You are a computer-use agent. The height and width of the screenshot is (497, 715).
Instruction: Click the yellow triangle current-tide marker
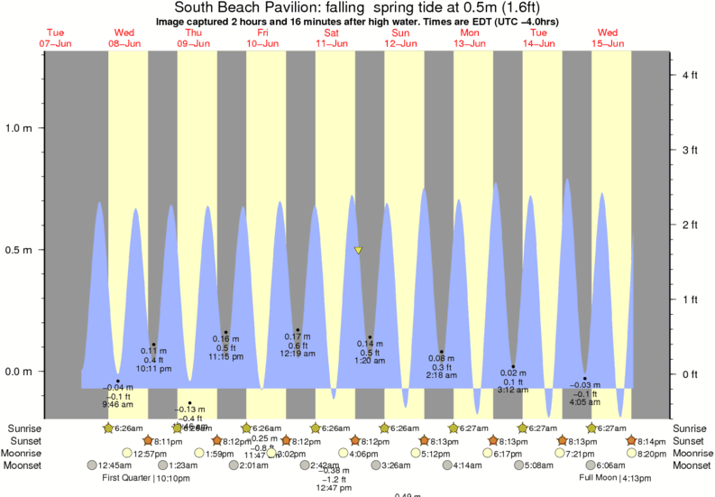tap(359, 250)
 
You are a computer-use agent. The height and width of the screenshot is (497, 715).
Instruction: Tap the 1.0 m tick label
tap(19, 127)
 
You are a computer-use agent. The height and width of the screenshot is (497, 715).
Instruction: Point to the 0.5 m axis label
tap(19, 250)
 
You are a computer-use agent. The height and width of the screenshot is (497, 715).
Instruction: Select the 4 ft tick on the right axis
tap(691, 75)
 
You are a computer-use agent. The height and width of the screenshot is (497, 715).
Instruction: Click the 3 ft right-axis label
tap(691, 150)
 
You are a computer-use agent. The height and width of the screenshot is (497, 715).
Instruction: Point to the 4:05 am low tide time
tap(585, 402)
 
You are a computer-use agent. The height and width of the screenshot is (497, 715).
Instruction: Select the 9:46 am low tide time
tap(117, 405)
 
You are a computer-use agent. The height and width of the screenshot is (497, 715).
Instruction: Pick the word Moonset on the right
tap(691, 465)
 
